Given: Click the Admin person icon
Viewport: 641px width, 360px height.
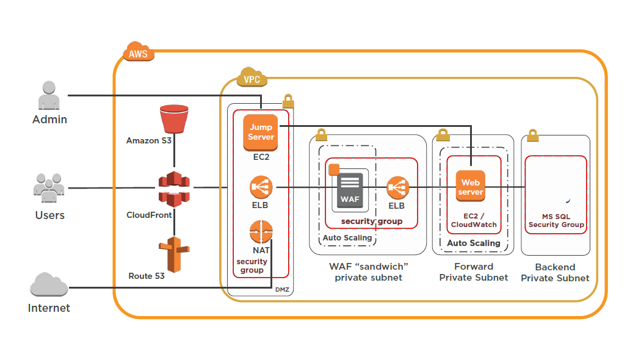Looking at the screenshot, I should pyautogui.click(x=49, y=96).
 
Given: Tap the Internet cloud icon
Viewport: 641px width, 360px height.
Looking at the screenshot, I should pyautogui.click(x=49, y=286).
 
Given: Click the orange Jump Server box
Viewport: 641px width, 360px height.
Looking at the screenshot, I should pyautogui.click(x=261, y=132).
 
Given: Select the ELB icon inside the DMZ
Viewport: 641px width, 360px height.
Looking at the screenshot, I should pyautogui.click(x=261, y=187).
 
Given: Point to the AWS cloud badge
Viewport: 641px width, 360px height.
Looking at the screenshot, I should pyautogui.click(x=139, y=53).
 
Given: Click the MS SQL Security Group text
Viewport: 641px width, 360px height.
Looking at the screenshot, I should pyautogui.click(x=556, y=220).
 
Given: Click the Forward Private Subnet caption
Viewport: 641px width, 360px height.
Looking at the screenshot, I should pyautogui.click(x=473, y=272).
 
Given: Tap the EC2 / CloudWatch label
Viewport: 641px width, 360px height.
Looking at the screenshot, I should pyautogui.click(x=474, y=220).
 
